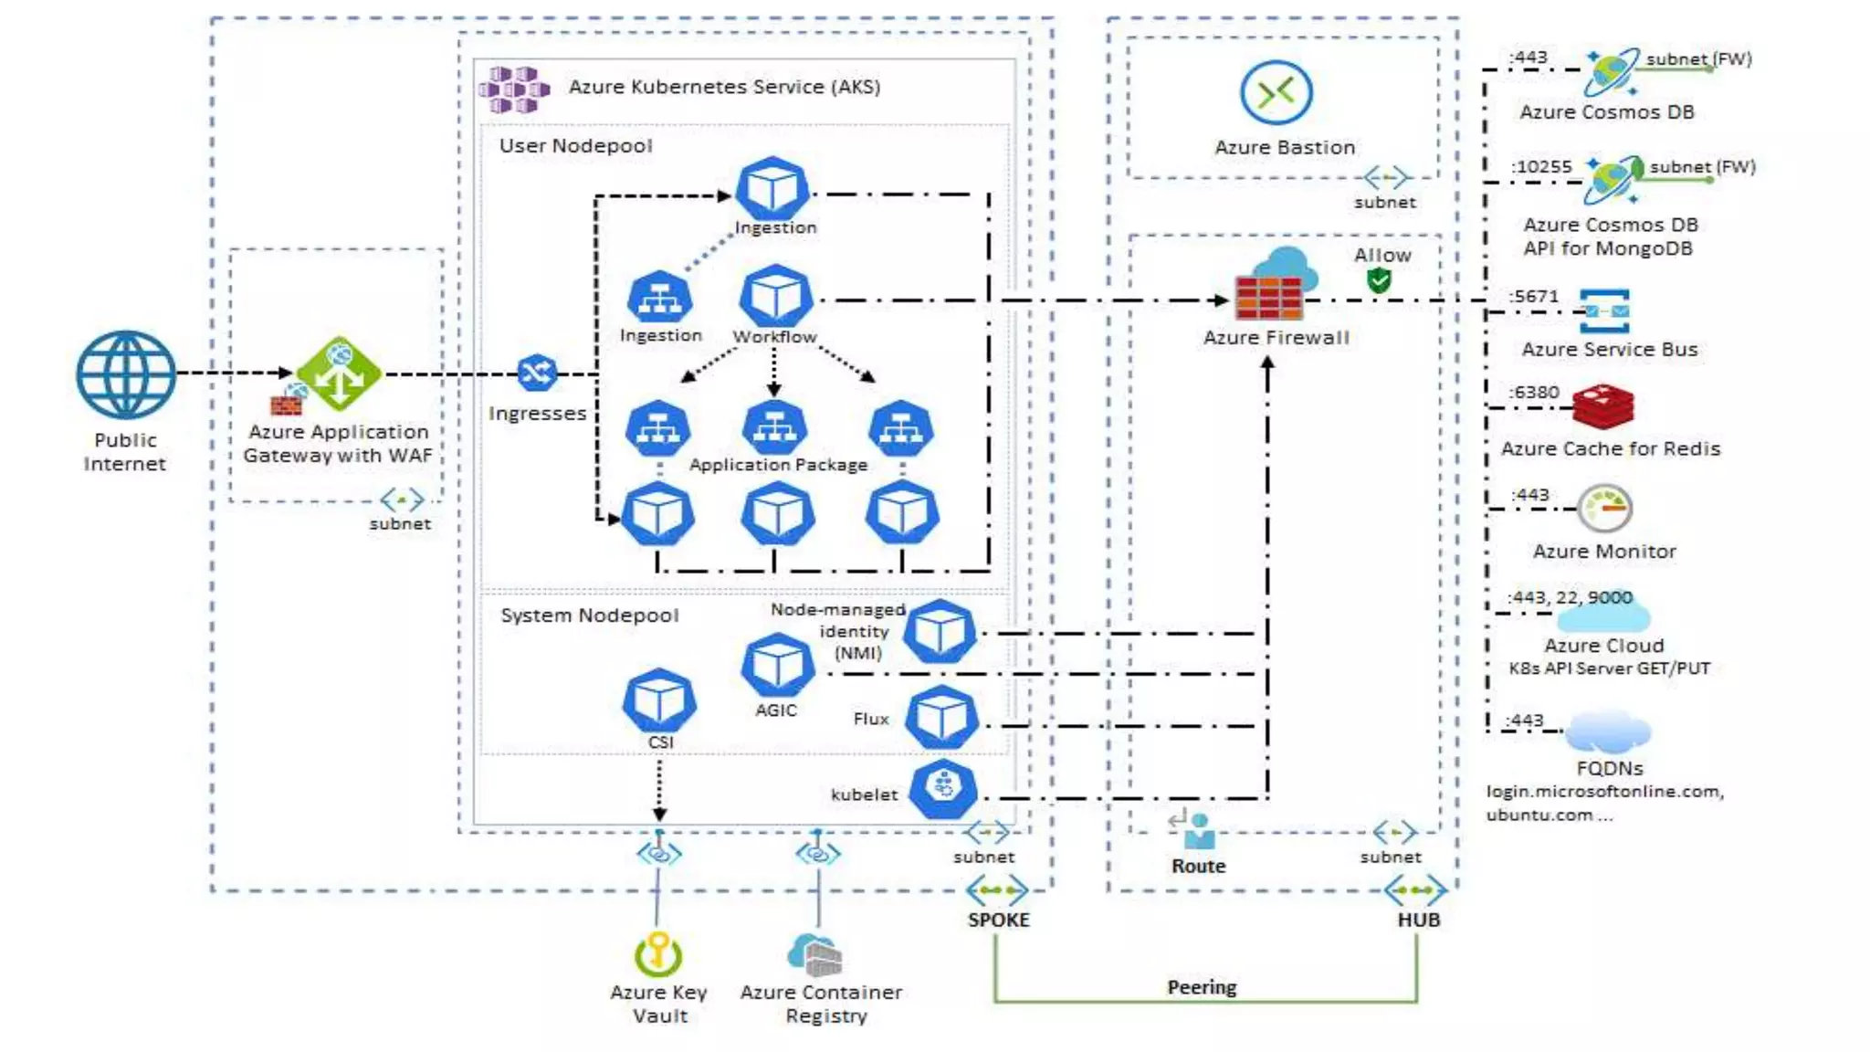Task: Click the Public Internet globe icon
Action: (126, 374)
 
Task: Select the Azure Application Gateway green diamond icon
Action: (339, 373)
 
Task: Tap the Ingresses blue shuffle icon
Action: (537, 373)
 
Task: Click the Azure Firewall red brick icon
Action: (1268, 297)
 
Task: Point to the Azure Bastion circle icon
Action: (1276, 92)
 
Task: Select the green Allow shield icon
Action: (1379, 280)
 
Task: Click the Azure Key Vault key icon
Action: (657, 954)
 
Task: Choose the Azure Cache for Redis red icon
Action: (1602, 406)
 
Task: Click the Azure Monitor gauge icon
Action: (1604, 509)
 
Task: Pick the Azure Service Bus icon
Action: (1604, 311)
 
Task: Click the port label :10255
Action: (1541, 167)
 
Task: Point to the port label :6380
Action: (1535, 393)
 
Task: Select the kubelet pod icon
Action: (943, 788)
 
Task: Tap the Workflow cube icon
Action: (775, 296)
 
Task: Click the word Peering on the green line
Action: (1202, 987)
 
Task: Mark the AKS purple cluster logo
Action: (514, 89)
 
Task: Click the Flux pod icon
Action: (941, 718)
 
